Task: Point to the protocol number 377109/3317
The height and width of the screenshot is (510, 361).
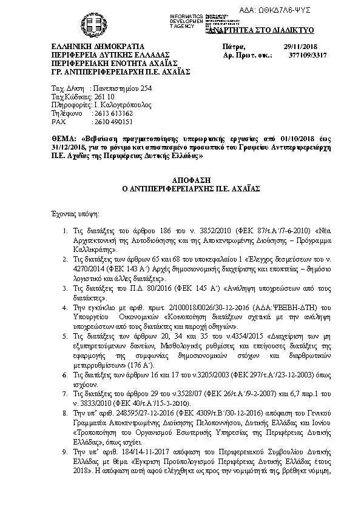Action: coord(302,55)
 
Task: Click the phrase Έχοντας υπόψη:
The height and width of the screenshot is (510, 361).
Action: coord(75,214)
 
